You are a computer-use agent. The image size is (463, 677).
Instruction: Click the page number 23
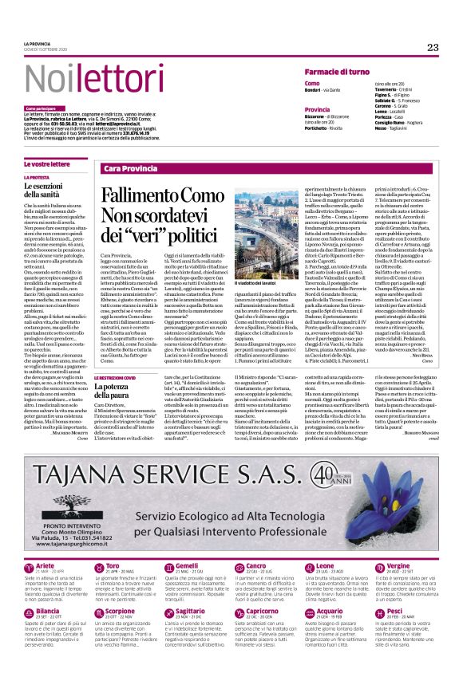[432, 48]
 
